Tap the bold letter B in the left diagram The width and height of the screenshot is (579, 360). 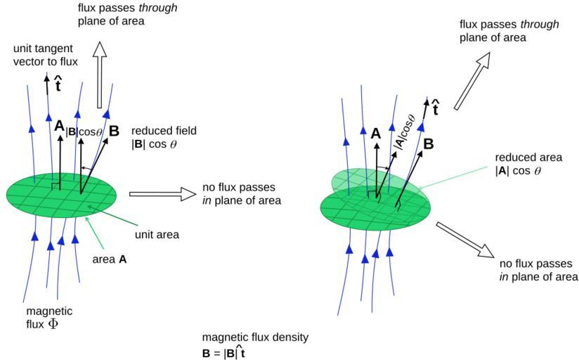[114, 130]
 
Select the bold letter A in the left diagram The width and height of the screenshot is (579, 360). [59, 127]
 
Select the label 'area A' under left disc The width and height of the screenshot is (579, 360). [110, 259]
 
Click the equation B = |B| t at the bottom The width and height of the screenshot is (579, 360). [224, 350]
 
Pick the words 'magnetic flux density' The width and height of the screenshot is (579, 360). [254, 337]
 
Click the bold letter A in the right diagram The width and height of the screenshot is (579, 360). [376, 134]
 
